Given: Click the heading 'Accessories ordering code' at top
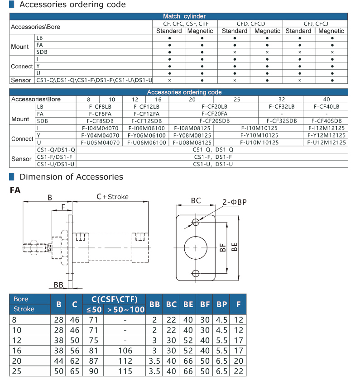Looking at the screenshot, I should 72,5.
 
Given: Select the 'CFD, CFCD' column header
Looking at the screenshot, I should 251,24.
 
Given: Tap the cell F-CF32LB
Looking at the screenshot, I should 281,107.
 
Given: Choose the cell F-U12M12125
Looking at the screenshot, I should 326,142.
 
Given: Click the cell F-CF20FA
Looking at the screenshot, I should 215,114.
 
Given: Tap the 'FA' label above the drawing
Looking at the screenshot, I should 15,190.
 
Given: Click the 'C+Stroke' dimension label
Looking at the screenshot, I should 112,197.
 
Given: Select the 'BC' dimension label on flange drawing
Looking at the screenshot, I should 196,200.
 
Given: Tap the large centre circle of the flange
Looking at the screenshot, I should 196,247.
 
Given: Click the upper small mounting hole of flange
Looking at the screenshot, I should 196,222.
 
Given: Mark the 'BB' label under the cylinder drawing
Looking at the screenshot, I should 58,285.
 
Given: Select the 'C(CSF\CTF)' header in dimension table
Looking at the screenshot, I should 118,299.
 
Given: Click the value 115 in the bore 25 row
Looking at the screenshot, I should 125,371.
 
